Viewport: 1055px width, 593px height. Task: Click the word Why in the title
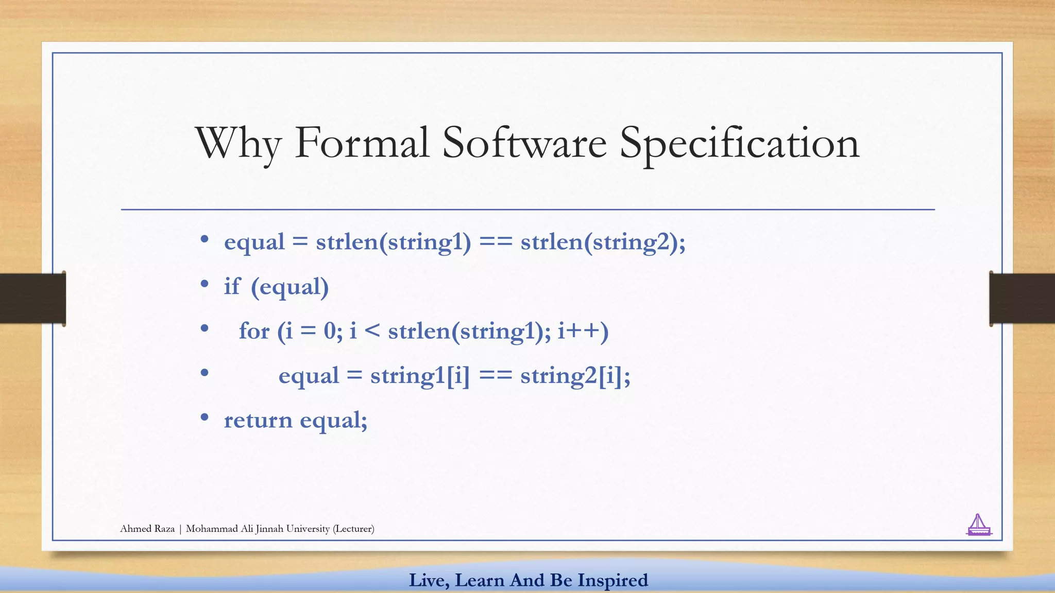point(238,143)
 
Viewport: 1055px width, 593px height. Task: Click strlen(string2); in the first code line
point(603,242)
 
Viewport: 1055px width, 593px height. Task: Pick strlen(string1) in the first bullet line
point(393,242)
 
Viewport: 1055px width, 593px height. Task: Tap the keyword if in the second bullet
point(231,286)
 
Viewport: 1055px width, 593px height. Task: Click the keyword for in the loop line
point(254,331)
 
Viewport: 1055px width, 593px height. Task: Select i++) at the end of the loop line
point(583,331)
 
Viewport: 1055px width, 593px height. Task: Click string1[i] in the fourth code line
point(420,376)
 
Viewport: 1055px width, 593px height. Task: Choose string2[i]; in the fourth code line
point(575,376)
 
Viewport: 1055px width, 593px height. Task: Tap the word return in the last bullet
point(258,420)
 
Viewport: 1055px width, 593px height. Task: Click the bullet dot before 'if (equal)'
point(205,284)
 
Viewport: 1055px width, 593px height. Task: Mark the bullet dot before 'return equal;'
point(205,417)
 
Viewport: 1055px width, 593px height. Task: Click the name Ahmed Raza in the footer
point(147,529)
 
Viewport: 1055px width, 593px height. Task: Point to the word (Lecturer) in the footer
point(353,529)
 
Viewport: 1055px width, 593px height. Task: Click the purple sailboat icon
point(978,526)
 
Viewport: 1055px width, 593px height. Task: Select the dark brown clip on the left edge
point(32,299)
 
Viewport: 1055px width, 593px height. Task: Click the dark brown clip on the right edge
point(1022,299)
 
